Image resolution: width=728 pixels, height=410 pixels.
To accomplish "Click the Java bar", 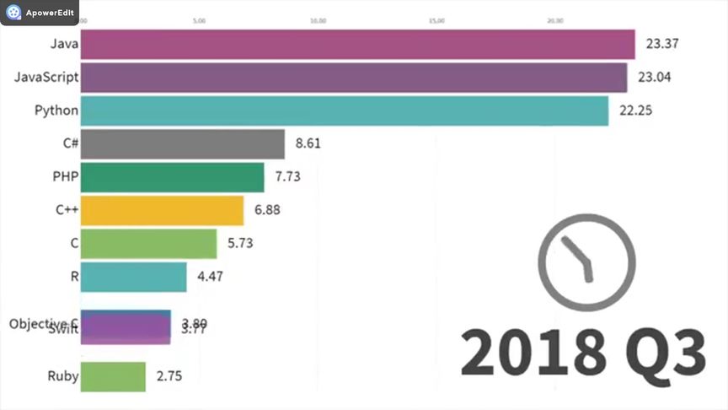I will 357,45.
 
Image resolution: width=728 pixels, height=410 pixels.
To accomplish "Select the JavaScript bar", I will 354,78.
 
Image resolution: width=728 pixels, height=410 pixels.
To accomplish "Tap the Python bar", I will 345,111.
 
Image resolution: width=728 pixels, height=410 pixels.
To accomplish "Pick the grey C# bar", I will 183,144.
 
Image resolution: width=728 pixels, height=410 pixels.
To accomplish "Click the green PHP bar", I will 173,177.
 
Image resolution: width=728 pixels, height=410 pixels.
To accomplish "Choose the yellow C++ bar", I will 163,210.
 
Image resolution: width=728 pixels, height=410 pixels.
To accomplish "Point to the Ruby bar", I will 114,376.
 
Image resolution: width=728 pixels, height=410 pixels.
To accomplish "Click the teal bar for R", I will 134,277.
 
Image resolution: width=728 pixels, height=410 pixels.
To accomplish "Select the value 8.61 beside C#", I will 308,143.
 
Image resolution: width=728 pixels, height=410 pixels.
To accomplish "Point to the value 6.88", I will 266,210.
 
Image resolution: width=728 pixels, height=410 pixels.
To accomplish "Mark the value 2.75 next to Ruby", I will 169,376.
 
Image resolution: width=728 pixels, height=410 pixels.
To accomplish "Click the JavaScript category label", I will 46,78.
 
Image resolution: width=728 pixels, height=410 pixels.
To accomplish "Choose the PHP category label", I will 65,177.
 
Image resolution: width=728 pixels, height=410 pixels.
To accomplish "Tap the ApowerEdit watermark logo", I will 14,13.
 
